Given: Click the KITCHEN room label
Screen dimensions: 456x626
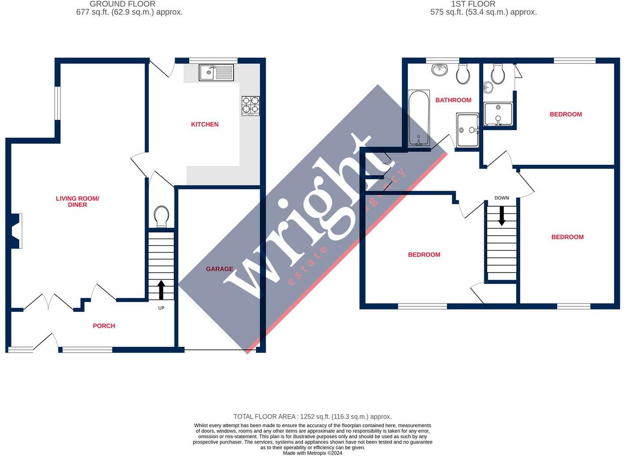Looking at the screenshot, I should click(x=205, y=125).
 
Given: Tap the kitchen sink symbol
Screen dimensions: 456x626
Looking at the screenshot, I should click(x=216, y=72).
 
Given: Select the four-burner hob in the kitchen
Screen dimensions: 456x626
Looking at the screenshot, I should click(x=250, y=106).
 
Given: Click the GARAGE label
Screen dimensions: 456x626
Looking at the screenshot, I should click(x=219, y=269).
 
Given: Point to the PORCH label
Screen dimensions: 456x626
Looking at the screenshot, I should click(x=104, y=326).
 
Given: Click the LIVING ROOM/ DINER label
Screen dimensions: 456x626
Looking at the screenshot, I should click(x=78, y=202).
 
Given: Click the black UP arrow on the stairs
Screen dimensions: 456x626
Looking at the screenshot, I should click(x=161, y=290).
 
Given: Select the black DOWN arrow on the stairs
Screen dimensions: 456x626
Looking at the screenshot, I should click(x=501, y=216).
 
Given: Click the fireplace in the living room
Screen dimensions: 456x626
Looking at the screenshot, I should click(x=16, y=231).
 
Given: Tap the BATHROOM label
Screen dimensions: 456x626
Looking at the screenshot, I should click(x=453, y=100).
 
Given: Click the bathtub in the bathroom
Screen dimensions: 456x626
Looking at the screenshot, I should click(x=419, y=118).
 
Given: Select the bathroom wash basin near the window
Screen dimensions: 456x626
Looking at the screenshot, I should click(x=439, y=69).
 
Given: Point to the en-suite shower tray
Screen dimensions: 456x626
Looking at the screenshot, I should click(x=498, y=114).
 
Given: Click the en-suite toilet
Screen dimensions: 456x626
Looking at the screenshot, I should click(x=498, y=75).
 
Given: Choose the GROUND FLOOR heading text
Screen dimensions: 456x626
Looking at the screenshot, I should click(x=122, y=4).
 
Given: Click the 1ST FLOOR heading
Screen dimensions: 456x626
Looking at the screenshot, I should click(x=473, y=4).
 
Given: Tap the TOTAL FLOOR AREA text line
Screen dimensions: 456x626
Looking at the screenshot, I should click(x=312, y=417).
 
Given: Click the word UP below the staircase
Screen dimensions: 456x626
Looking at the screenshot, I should click(x=161, y=308).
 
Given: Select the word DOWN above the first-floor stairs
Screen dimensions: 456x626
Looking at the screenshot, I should click(x=502, y=198).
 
